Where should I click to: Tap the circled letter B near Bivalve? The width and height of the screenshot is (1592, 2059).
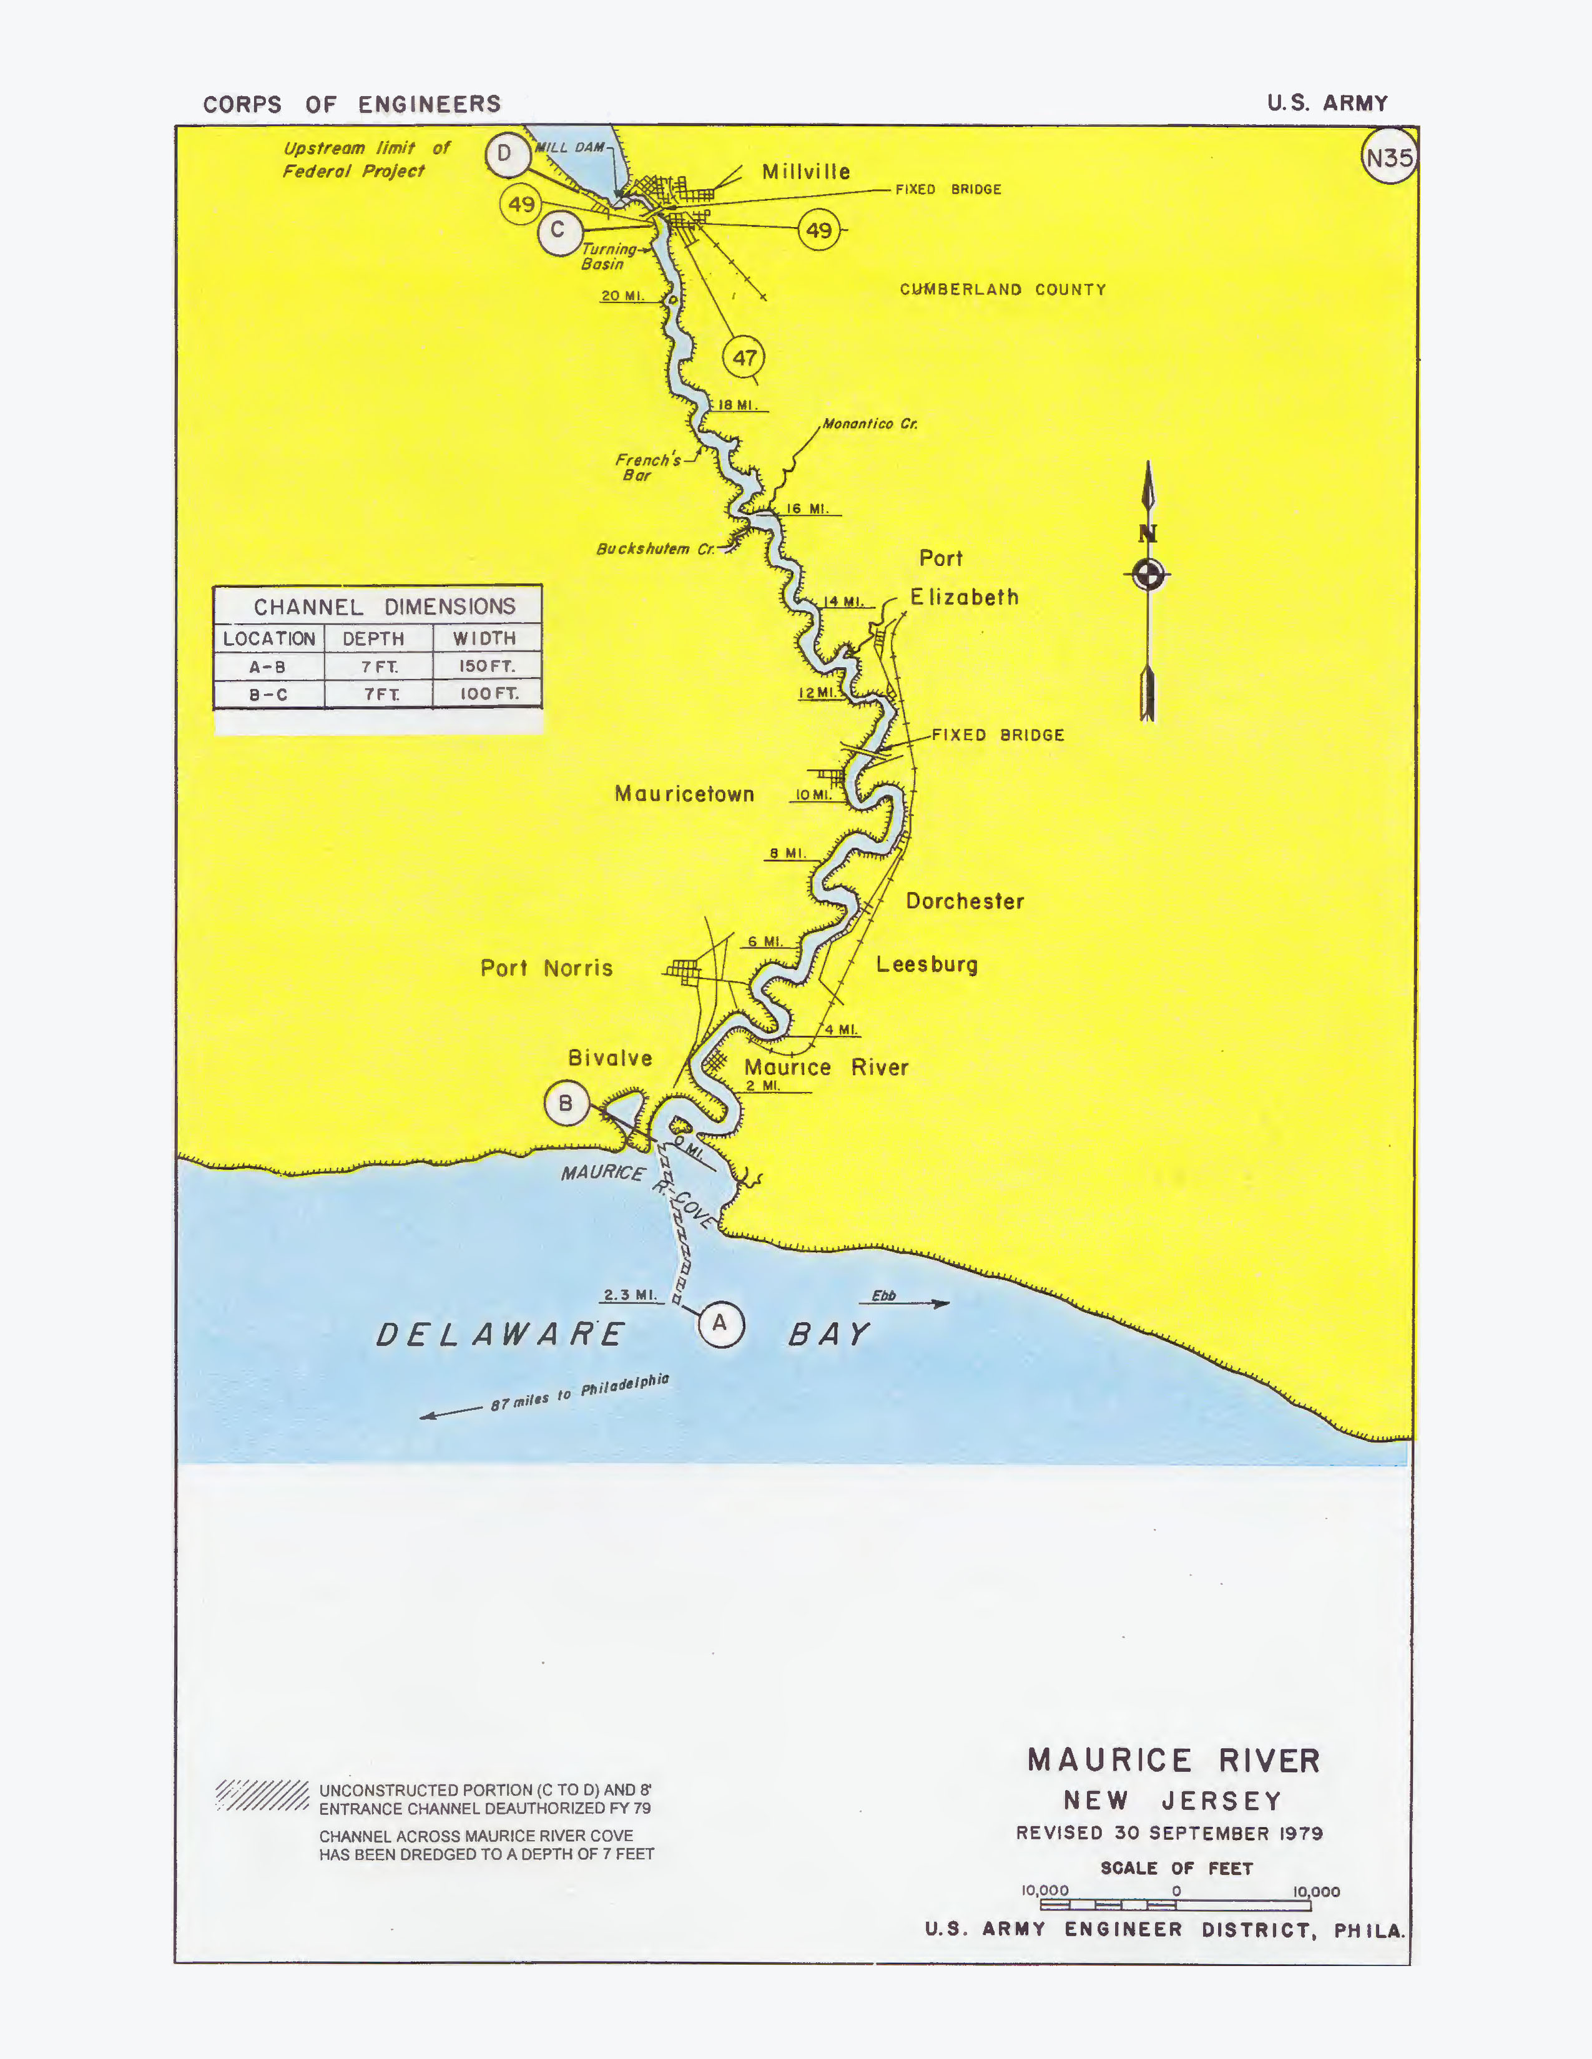pos(566,1103)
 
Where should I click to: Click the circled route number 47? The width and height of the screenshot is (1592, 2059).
pos(744,358)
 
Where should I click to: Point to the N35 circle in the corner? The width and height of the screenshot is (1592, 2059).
pos(1389,157)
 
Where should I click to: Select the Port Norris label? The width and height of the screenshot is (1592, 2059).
pos(546,968)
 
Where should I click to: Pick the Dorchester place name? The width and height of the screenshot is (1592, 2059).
pos(965,902)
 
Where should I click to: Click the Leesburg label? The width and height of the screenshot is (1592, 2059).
pos(927,965)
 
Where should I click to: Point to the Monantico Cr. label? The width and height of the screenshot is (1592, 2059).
pos(870,424)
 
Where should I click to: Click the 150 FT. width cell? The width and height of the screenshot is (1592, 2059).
pos(487,666)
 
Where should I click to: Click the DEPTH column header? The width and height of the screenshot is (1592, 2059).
pos(373,638)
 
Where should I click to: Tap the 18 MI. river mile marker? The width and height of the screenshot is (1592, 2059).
pos(737,406)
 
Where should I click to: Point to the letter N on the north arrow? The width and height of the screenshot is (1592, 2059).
pos(1147,533)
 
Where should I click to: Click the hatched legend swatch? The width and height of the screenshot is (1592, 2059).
pos(262,1795)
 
